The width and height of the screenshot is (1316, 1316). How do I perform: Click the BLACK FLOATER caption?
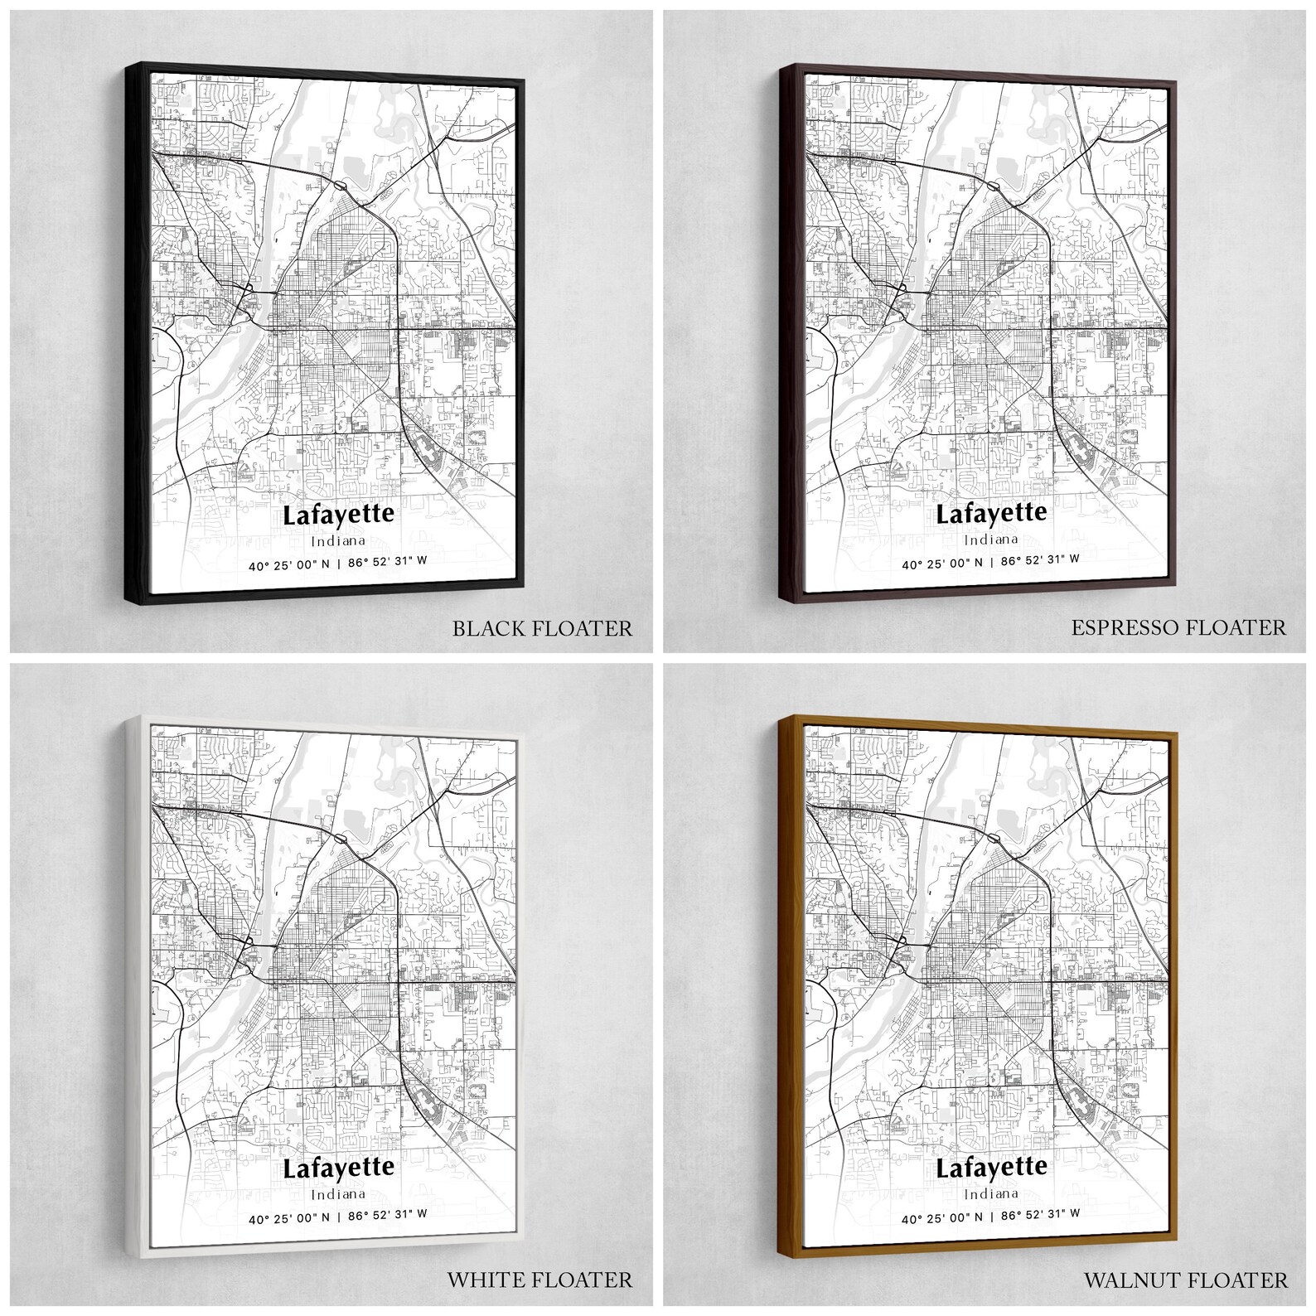pos(542,627)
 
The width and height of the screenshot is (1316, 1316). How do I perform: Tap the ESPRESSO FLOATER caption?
pos(1178,627)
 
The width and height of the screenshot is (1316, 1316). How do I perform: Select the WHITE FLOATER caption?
pos(539,1280)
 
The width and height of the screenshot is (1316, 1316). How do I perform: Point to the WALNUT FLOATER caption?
pos(1186,1280)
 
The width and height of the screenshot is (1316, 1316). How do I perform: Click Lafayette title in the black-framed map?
pos(338,515)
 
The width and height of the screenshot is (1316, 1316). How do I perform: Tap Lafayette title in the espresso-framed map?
pos(991,513)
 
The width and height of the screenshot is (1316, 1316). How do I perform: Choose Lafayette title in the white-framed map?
pos(338,1168)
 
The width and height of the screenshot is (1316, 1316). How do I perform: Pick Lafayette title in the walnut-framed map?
pos(991,1167)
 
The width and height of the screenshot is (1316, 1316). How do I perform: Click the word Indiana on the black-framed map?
pos(338,541)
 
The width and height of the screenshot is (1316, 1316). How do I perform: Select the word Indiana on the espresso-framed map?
pos(991,539)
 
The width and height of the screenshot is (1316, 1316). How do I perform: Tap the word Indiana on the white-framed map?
pos(338,1194)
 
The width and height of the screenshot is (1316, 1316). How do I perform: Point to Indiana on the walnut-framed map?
pos(991,1193)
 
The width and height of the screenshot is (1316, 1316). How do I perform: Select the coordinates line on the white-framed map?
pos(338,1216)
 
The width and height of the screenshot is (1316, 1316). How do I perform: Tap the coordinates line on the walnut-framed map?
pos(991,1214)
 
